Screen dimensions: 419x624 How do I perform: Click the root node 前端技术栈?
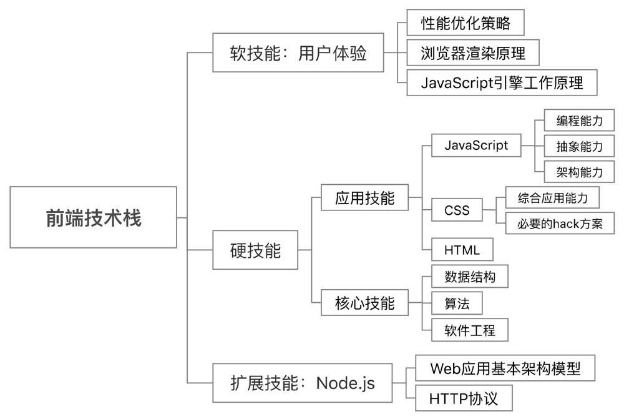(94, 217)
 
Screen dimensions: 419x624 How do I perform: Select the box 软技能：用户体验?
(298, 54)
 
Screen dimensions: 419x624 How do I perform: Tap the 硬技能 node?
(256, 250)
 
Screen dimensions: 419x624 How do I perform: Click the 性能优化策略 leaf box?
(466, 23)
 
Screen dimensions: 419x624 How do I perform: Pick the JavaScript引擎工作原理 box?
(502, 82)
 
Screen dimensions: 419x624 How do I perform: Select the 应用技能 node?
(365, 199)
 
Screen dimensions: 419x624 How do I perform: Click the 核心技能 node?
(365, 303)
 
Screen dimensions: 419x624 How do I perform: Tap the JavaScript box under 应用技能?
(476, 145)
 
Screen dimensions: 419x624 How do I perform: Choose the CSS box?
(457, 210)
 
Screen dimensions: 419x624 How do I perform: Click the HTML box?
(462, 250)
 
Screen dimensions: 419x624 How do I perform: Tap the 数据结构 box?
(470, 277)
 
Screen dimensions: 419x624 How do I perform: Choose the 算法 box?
(457, 303)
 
